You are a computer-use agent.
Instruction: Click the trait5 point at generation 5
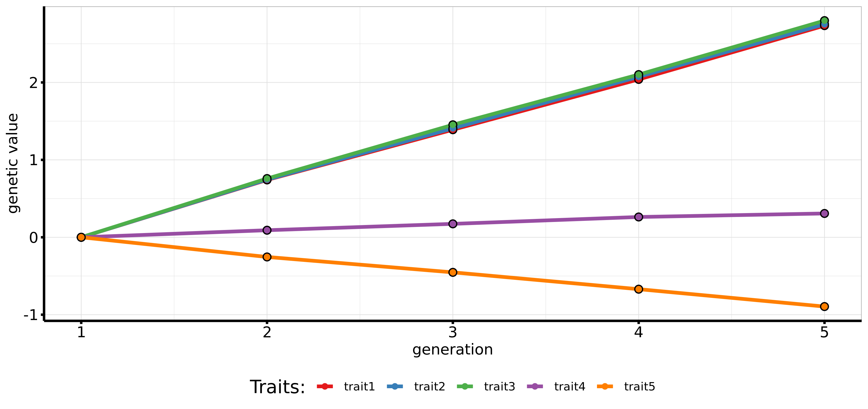(x=824, y=306)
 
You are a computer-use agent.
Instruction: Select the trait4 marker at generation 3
(x=453, y=224)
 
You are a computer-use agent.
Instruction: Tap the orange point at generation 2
(x=267, y=257)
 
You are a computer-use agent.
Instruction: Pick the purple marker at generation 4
(x=639, y=217)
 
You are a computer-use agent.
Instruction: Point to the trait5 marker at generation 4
(x=639, y=289)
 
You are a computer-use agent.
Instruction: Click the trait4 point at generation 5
(x=824, y=213)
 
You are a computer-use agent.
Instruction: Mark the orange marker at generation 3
(x=453, y=272)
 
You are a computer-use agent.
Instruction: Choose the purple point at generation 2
(x=267, y=230)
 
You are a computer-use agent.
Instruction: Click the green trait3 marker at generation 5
(x=824, y=21)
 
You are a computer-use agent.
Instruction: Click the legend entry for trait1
(x=359, y=387)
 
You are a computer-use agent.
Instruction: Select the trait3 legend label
(x=499, y=387)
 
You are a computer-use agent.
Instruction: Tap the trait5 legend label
(x=639, y=387)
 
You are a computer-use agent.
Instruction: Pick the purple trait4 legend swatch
(x=535, y=387)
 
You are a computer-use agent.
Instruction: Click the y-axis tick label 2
(x=33, y=83)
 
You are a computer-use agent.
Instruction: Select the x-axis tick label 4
(x=639, y=332)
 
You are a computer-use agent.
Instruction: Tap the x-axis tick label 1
(x=81, y=332)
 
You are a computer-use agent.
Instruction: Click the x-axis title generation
(x=452, y=349)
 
